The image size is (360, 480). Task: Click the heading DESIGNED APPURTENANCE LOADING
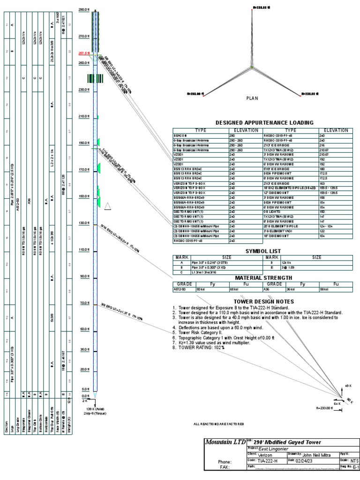coord(264,123)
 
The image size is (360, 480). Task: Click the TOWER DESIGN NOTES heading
coord(264,301)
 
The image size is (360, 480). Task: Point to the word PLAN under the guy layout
coord(252,98)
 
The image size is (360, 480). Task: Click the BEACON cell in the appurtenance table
coord(180,135)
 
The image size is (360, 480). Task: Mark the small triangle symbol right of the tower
coord(108,206)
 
